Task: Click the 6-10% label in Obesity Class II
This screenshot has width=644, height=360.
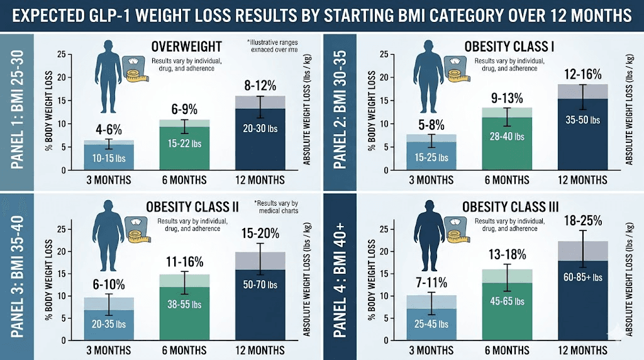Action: point(109,284)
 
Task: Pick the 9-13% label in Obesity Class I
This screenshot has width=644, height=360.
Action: point(507,98)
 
